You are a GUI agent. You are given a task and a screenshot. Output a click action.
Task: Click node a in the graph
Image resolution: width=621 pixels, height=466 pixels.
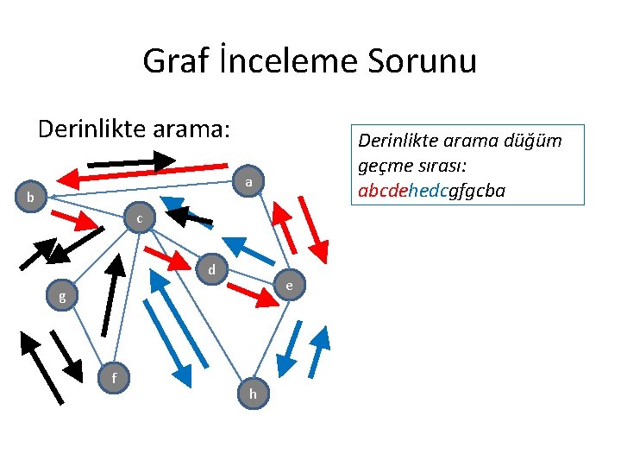click(248, 182)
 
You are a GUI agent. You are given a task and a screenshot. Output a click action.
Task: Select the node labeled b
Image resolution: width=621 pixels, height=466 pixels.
click(30, 198)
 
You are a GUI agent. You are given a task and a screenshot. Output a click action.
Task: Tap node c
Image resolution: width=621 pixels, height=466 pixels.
click(139, 219)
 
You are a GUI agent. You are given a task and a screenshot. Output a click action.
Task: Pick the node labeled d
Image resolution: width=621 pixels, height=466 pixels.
click(211, 270)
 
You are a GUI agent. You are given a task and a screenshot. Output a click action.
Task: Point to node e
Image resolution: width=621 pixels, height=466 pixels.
click(289, 285)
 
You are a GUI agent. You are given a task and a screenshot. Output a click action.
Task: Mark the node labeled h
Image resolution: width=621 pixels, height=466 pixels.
click(253, 394)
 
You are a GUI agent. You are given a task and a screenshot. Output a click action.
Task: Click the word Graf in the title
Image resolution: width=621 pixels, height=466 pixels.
click(170, 61)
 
